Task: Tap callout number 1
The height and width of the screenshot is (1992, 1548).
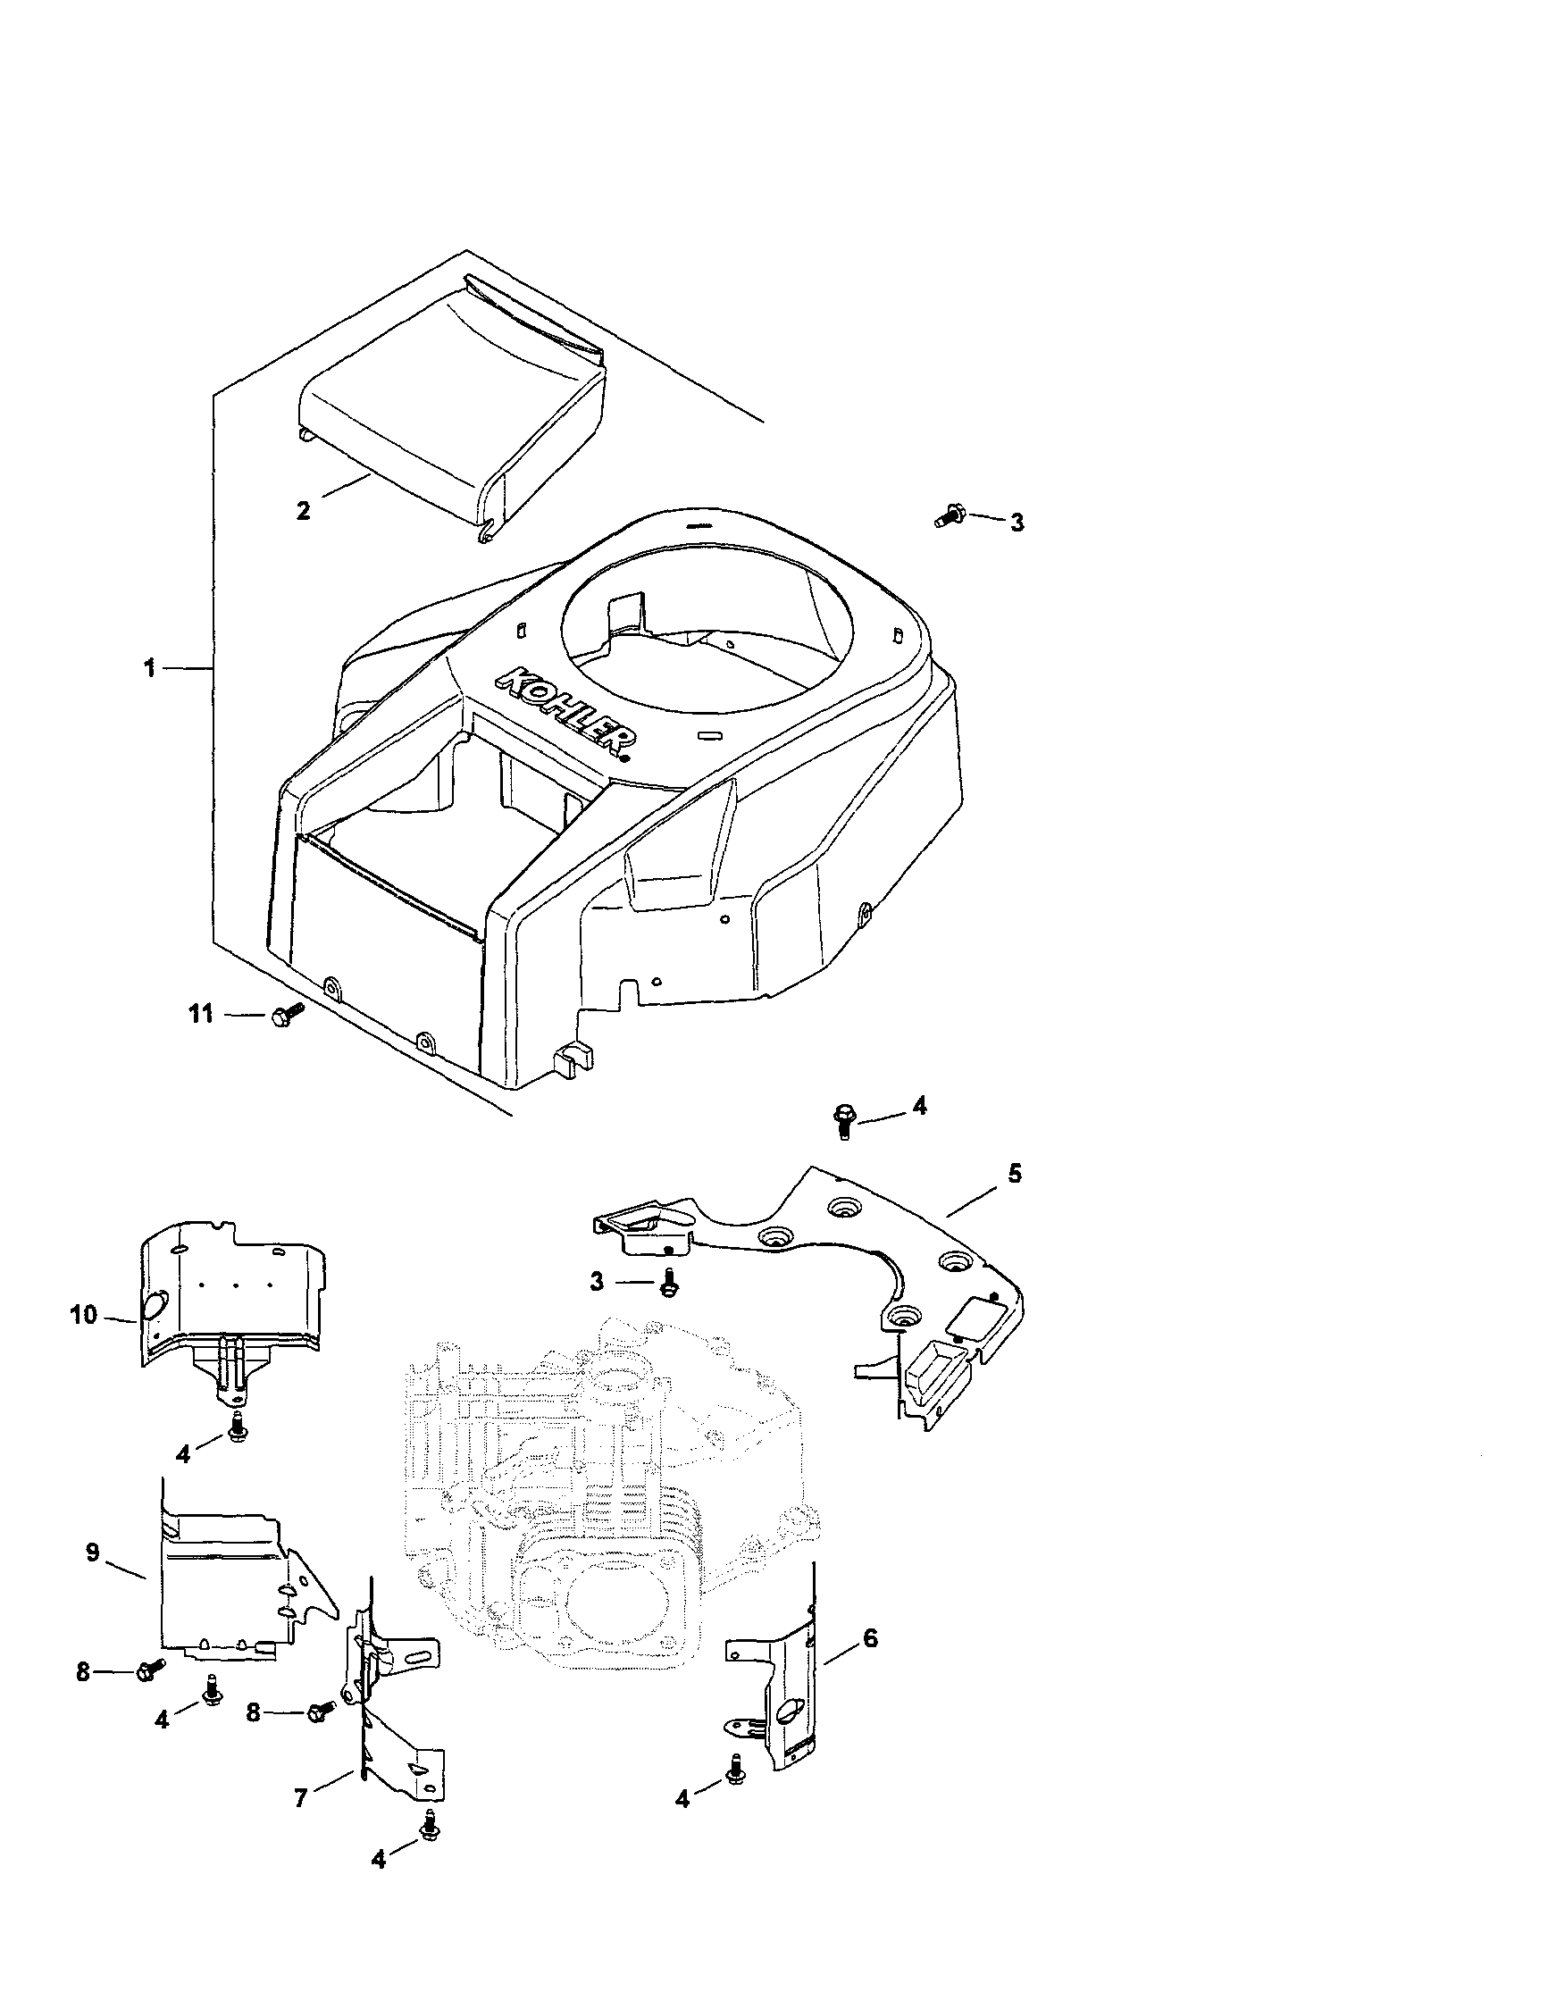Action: (x=148, y=668)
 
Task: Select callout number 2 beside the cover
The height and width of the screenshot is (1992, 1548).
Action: (x=304, y=510)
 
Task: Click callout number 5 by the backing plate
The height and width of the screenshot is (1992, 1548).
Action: (x=1016, y=1173)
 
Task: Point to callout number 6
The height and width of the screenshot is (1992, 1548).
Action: (x=869, y=1638)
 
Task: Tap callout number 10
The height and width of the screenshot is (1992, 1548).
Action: (x=83, y=1316)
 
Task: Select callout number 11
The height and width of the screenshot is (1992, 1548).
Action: (x=200, y=1013)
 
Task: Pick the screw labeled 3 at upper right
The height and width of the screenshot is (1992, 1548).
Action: (x=951, y=515)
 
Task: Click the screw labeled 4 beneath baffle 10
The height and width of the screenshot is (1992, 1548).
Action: (x=238, y=1427)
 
